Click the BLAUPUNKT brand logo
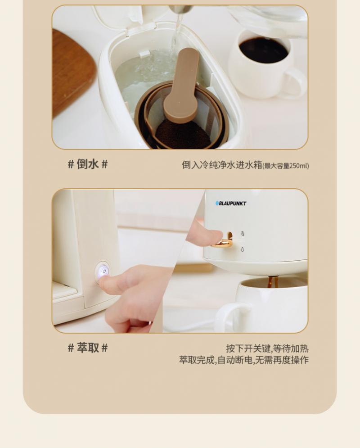(x=231, y=204)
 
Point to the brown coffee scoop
(x=182, y=86)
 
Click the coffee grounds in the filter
(x=183, y=134)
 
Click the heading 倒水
(x=88, y=164)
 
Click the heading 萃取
(x=88, y=348)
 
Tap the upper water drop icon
(x=243, y=234)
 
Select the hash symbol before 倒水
(x=71, y=165)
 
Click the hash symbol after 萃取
(x=104, y=348)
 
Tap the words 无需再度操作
(x=282, y=360)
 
